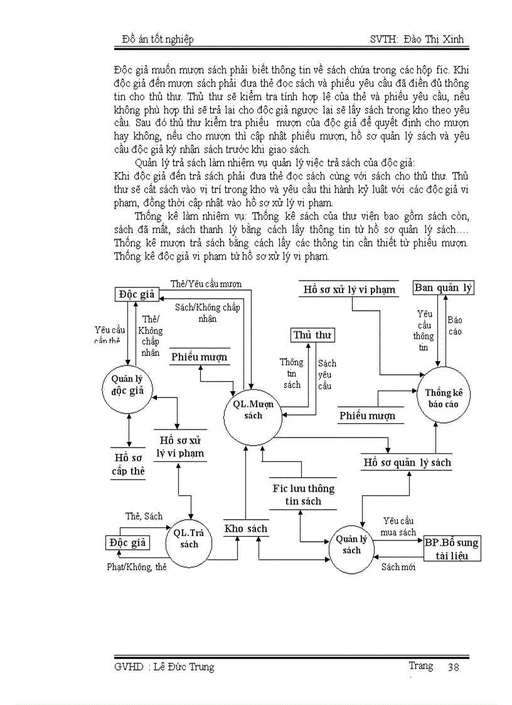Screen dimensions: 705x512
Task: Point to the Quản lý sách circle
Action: pos(352,544)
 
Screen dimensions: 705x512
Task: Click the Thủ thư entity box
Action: pos(312,335)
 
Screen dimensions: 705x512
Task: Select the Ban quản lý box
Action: pos(444,288)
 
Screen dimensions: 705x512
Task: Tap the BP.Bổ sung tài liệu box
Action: pos(451,549)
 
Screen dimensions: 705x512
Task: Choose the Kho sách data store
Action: pos(245,529)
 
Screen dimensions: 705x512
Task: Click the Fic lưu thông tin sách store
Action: pos(304,494)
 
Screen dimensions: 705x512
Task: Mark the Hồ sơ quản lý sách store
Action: pos(407,463)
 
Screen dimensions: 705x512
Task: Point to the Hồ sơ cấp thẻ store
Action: pos(129,465)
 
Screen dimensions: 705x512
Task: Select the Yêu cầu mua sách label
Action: pos(398,527)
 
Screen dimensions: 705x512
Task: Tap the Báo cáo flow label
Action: pos(455,325)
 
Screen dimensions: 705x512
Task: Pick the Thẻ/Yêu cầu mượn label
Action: pos(206,284)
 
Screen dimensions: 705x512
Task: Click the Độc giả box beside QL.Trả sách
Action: pos(127,543)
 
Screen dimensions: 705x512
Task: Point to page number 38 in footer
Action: pos(453,667)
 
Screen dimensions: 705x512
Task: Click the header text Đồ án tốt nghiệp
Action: pos(157,40)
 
